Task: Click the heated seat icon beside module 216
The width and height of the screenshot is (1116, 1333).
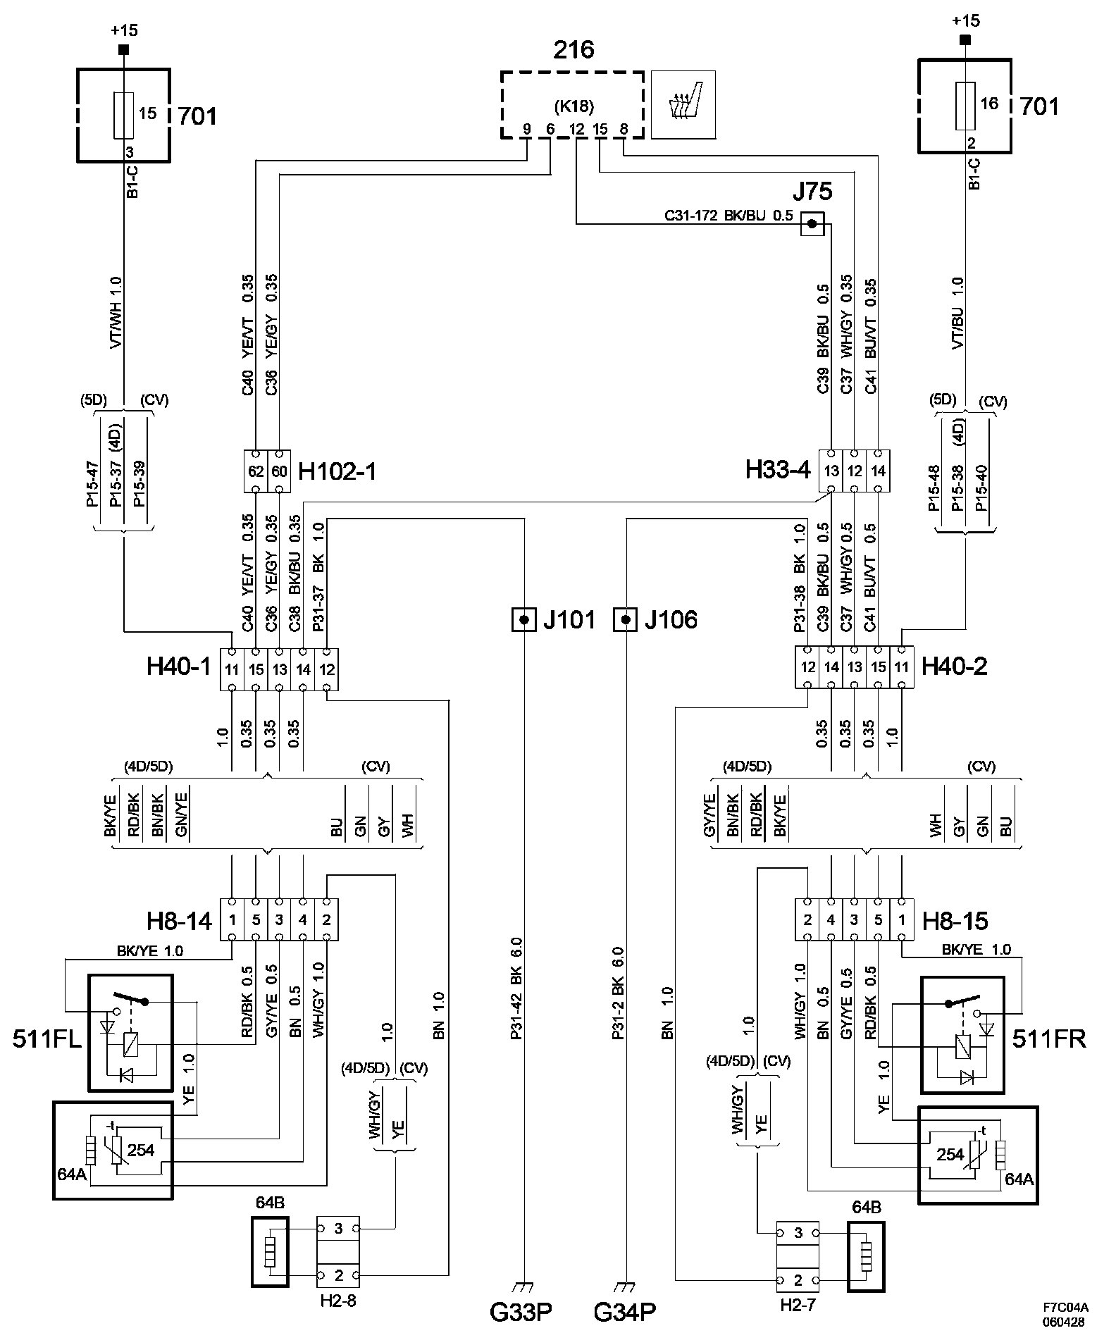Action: click(x=683, y=104)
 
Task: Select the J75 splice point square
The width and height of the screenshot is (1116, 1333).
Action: click(x=812, y=224)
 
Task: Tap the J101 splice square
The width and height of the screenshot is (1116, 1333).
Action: click(x=523, y=620)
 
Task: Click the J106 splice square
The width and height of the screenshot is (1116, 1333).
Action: click(x=626, y=620)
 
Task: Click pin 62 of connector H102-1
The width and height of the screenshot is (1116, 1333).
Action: click(x=256, y=471)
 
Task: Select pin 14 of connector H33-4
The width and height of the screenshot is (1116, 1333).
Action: click(x=878, y=471)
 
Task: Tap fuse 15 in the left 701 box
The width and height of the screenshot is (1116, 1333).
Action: click(x=124, y=114)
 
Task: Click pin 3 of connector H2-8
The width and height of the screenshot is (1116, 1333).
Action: click(x=338, y=1229)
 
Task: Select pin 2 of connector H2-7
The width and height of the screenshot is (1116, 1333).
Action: click(x=798, y=1279)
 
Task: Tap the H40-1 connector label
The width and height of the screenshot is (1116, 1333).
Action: click(x=179, y=666)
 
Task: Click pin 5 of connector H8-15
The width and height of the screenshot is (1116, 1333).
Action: click(x=878, y=919)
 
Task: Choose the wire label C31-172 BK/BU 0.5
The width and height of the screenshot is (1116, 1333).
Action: click(x=729, y=216)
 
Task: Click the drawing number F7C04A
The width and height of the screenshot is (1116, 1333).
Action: click(x=1066, y=1307)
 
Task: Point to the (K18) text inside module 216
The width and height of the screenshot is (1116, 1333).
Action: click(x=573, y=107)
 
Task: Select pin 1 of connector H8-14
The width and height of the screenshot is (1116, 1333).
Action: click(x=232, y=919)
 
